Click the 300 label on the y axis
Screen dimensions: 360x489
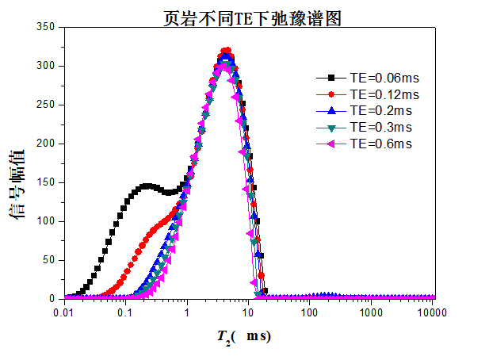[x=46, y=66]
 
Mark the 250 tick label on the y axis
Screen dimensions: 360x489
[x=46, y=105]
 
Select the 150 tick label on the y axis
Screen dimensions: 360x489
[x=46, y=182]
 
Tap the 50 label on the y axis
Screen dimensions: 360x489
[x=49, y=260]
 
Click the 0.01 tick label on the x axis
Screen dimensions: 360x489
[x=63, y=312]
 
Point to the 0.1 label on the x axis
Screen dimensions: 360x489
[x=124, y=312]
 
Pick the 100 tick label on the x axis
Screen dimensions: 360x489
[x=309, y=312]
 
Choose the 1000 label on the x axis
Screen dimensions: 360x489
[x=370, y=312]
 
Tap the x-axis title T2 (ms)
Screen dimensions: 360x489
[x=245, y=336]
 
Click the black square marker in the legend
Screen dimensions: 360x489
[x=331, y=78]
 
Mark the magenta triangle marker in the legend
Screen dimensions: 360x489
[x=331, y=144]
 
